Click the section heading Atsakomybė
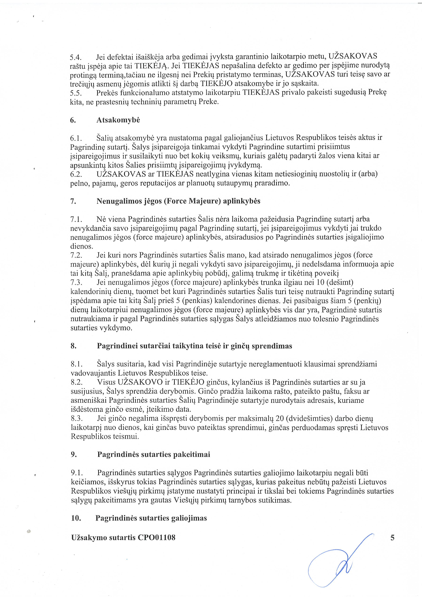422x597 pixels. point(118,120)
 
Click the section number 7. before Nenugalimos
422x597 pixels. point(73,201)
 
